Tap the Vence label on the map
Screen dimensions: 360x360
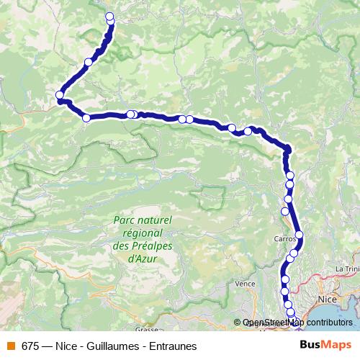[x=245, y=284]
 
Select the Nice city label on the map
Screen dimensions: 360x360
[x=326, y=297]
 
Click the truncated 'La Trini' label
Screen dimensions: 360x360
[x=347, y=269]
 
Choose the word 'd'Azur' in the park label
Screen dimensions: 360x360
[x=143, y=256]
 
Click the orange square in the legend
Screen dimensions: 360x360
[x=10, y=346]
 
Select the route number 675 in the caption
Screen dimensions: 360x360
[x=30, y=346]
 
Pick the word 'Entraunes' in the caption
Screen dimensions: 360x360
[x=173, y=346]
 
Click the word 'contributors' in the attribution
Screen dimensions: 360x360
[x=330, y=322]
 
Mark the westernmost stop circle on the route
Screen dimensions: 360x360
[x=60, y=95]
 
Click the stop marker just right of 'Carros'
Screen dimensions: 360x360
[x=299, y=235]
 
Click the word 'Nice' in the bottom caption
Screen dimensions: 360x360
[x=63, y=346]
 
